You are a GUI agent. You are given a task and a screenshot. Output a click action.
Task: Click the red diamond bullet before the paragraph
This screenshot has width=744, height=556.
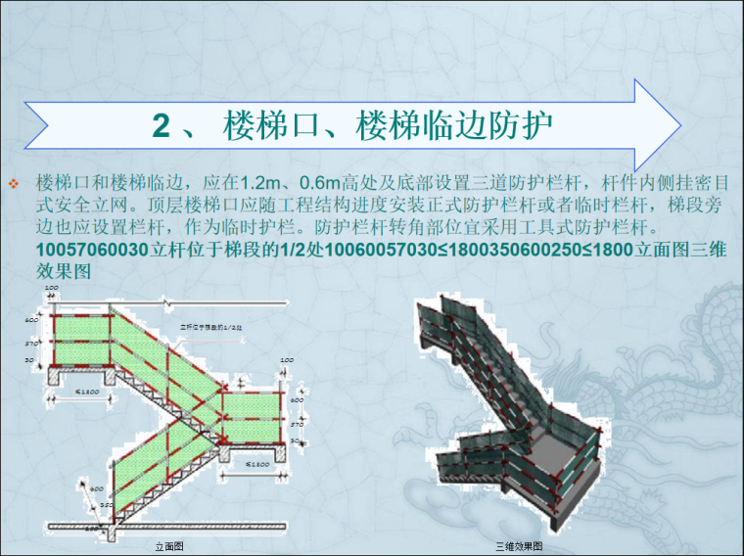pyautogui.click(x=13, y=184)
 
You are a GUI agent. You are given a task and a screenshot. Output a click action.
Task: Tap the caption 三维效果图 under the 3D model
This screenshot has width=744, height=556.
pyautogui.click(x=519, y=544)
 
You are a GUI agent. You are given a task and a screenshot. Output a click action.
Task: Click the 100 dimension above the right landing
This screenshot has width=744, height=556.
pyautogui.click(x=287, y=361)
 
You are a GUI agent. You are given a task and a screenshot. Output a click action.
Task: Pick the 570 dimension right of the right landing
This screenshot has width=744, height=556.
pyautogui.click(x=298, y=425)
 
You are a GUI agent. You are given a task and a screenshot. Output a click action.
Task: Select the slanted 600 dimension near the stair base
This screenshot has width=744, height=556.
pyautogui.click(x=97, y=488)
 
